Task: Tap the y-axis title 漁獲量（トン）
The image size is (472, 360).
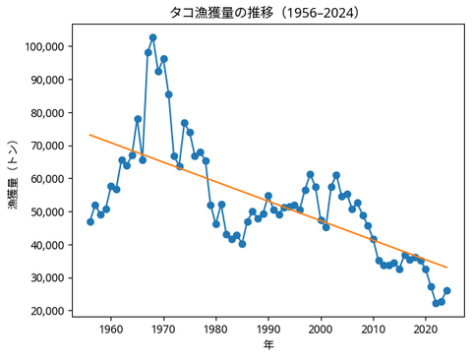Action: (13, 179)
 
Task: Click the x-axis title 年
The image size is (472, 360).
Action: (268, 345)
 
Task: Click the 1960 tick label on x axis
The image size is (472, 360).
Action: (111, 330)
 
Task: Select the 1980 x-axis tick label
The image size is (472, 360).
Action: (216, 330)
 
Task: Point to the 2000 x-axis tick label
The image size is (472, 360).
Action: (321, 330)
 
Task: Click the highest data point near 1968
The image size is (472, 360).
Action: (152, 37)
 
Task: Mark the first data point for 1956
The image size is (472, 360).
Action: (90, 221)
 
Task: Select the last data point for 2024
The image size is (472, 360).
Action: (447, 290)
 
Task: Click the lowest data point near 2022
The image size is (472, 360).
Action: (437, 303)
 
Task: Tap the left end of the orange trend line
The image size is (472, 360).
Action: (90, 135)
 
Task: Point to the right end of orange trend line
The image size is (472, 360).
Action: (447, 268)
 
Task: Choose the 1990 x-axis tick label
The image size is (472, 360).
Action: (268, 330)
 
